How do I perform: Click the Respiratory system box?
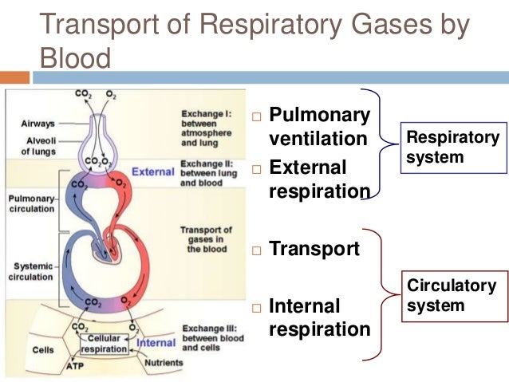point(454,148)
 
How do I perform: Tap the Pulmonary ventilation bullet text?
point(319,127)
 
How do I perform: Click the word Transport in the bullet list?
point(314,249)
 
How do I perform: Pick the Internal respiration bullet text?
point(319,317)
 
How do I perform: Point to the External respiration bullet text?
point(319,179)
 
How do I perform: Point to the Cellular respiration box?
point(105,344)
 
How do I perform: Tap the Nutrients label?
point(164,363)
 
